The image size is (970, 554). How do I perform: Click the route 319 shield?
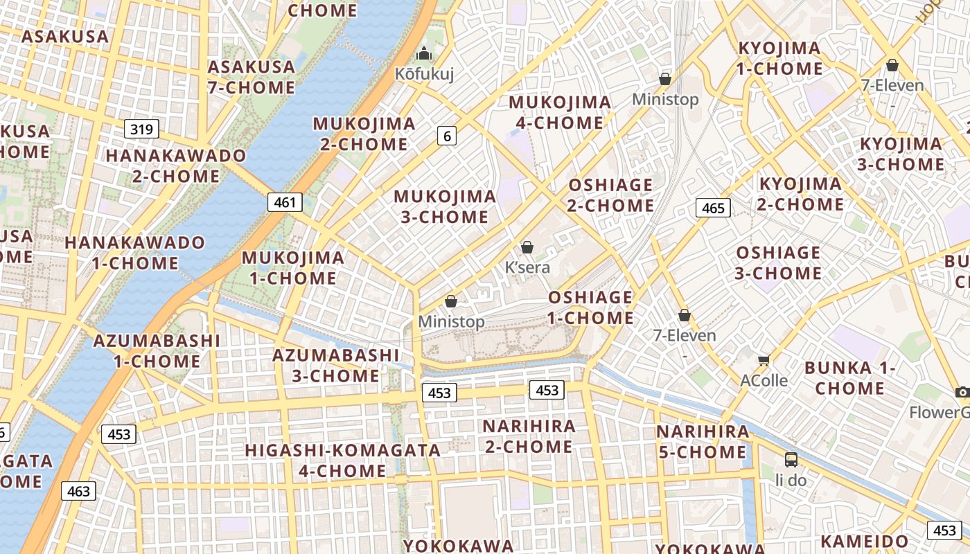point(142,129)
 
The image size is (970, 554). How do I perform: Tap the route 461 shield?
point(285,202)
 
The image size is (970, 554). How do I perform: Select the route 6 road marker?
point(447,136)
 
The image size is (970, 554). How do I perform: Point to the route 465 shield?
point(713,208)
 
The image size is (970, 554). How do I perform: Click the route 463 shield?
point(78,491)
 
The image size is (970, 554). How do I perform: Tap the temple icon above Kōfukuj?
point(423,53)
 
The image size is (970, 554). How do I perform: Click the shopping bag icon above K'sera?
point(527,247)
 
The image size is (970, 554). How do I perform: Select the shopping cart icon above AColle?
point(764,359)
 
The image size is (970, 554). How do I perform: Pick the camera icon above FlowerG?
point(962,393)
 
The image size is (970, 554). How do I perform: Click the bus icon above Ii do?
point(791,459)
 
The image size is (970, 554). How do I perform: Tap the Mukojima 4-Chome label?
point(560,113)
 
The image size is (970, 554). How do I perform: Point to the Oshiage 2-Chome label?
point(610,195)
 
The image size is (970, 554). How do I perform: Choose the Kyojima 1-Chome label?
point(779,58)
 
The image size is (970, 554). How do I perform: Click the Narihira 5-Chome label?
point(703,442)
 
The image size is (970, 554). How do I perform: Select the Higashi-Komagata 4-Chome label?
point(342,461)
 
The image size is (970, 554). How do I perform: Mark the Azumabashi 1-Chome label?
point(157,351)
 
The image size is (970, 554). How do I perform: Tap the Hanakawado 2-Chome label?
point(175,166)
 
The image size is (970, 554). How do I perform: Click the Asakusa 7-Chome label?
point(251,77)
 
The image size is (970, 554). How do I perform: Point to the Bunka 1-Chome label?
point(849,377)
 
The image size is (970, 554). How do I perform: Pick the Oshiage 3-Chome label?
point(778,262)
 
